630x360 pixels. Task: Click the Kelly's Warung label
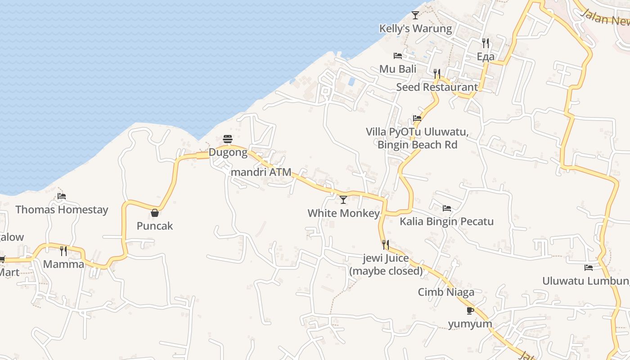pyautogui.click(x=415, y=29)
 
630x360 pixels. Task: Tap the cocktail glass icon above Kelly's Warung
pyautogui.click(x=415, y=15)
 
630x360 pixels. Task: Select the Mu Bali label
pyautogui.click(x=398, y=69)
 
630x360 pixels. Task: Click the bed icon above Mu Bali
pyautogui.click(x=398, y=56)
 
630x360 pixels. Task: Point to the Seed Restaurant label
pyautogui.click(x=436, y=87)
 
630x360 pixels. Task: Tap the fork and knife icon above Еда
pyautogui.click(x=486, y=43)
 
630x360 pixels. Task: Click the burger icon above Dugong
pyautogui.click(x=228, y=139)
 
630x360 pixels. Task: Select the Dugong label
pyautogui.click(x=228, y=153)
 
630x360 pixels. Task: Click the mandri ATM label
pyautogui.click(x=261, y=172)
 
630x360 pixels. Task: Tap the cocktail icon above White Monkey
pyautogui.click(x=343, y=200)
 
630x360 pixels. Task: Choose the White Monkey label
pyautogui.click(x=344, y=213)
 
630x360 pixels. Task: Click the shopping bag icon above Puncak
pyautogui.click(x=155, y=212)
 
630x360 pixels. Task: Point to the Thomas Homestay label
pyautogui.click(x=62, y=210)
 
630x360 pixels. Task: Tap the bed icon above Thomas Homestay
pyautogui.click(x=62, y=196)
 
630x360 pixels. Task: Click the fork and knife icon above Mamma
pyautogui.click(x=63, y=251)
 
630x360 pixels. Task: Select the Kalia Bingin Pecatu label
pyautogui.click(x=446, y=221)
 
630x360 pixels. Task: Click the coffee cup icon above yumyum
pyautogui.click(x=470, y=310)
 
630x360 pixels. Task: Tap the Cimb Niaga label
pyautogui.click(x=446, y=292)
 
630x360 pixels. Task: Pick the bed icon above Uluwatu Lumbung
pyautogui.click(x=589, y=268)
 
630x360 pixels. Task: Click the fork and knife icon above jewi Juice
pyautogui.click(x=386, y=245)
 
